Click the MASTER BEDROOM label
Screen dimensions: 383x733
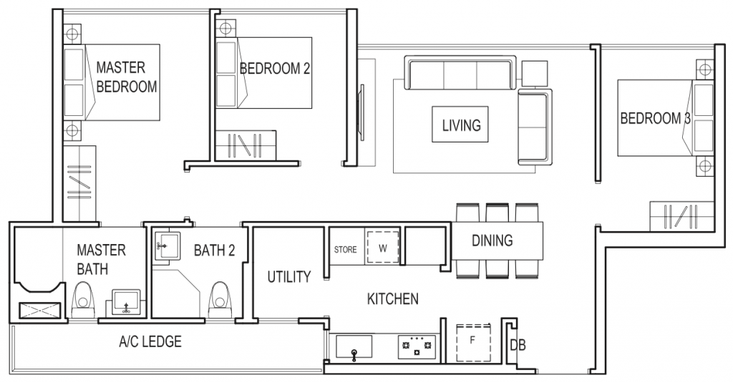point(126,77)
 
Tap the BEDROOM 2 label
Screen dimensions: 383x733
point(275,69)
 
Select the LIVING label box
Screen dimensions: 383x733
point(461,126)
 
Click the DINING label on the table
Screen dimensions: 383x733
point(492,241)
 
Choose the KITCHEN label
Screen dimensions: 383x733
point(393,299)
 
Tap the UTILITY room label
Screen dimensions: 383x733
point(288,276)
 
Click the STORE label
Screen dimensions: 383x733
point(346,250)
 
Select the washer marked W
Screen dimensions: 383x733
point(382,248)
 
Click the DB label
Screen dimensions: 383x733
point(518,345)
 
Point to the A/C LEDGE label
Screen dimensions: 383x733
point(150,341)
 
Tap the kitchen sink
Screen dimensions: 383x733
point(355,348)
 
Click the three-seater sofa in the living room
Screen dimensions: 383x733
point(460,74)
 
